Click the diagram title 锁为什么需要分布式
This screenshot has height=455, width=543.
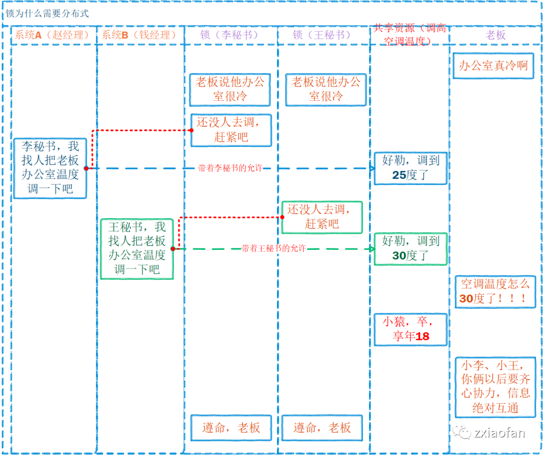47,14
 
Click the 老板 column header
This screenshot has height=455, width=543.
495,35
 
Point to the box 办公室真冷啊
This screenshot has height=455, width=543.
493,66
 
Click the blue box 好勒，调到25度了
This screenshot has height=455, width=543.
410,168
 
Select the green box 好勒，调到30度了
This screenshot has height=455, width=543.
410,249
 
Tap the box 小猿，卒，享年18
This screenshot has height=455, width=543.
410,329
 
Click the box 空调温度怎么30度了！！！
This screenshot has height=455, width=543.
495,292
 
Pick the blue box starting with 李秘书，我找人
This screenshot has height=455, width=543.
50,168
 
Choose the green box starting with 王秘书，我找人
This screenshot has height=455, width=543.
137,249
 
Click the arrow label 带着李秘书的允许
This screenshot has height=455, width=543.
230,168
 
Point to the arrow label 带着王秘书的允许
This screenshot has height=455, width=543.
274,248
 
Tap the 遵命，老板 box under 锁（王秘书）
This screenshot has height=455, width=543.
322,428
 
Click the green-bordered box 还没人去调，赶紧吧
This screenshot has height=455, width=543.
322,217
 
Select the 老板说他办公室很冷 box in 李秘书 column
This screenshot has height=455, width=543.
230,89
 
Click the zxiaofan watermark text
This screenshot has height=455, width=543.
499,433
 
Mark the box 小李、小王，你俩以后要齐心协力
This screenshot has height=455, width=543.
495,387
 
